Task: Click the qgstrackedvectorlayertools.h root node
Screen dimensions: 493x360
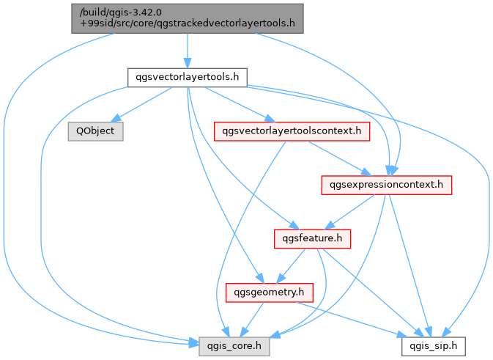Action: (x=188, y=18)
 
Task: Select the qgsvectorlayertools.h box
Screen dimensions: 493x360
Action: (x=188, y=78)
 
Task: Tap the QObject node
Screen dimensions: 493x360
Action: (x=95, y=131)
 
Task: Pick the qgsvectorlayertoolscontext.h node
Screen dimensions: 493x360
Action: (x=292, y=131)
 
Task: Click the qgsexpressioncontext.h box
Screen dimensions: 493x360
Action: (x=386, y=185)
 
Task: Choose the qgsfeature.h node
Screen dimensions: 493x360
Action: (x=312, y=239)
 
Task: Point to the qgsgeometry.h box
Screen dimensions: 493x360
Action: (x=270, y=293)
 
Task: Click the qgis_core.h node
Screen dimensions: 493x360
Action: (x=234, y=347)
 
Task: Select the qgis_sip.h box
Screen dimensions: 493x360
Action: (x=434, y=347)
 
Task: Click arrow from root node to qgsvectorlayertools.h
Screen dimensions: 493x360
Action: (x=188, y=51)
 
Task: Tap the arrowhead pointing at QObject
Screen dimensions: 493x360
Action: (x=116, y=119)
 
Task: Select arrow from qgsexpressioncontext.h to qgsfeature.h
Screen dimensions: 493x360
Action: (x=349, y=212)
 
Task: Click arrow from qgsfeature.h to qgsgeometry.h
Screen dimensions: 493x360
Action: (x=291, y=266)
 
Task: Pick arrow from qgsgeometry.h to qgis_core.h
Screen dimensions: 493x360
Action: (x=252, y=320)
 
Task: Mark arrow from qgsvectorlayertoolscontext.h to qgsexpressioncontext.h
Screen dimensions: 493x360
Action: (x=339, y=158)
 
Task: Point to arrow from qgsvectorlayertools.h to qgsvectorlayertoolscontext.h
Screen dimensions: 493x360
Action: (x=240, y=104)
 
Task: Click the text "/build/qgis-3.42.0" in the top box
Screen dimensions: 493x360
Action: (x=121, y=12)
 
